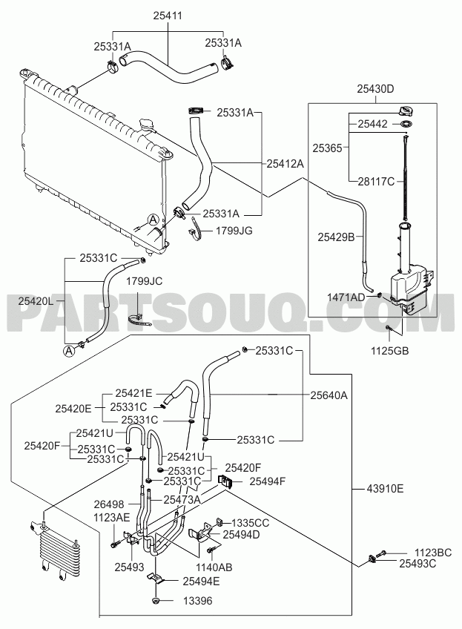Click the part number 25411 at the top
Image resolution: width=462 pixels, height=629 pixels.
coord(168,16)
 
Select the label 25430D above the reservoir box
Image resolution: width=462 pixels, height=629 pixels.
coord(375,89)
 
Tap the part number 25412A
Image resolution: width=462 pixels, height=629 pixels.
coord(286,164)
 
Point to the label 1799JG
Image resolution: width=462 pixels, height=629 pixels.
coord(234,231)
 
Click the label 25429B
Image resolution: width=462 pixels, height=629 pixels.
coord(336,237)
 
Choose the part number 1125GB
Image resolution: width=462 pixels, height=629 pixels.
coord(389,351)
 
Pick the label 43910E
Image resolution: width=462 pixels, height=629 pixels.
coord(385,489)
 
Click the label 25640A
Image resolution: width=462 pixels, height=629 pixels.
coord(329,395)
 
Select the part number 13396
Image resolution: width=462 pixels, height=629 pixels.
coord(198,601)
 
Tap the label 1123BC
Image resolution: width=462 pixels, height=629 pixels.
coord(433,553)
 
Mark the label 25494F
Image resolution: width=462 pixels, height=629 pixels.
coord(268,481)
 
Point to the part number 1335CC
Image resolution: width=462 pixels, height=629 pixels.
coord(251,523)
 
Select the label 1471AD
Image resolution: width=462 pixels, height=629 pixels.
coord(346,297)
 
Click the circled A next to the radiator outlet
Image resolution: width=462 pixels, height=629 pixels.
coord(153,220)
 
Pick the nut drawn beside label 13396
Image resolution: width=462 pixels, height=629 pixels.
coord(156,601)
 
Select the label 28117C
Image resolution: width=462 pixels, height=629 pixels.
coord(376,182)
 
